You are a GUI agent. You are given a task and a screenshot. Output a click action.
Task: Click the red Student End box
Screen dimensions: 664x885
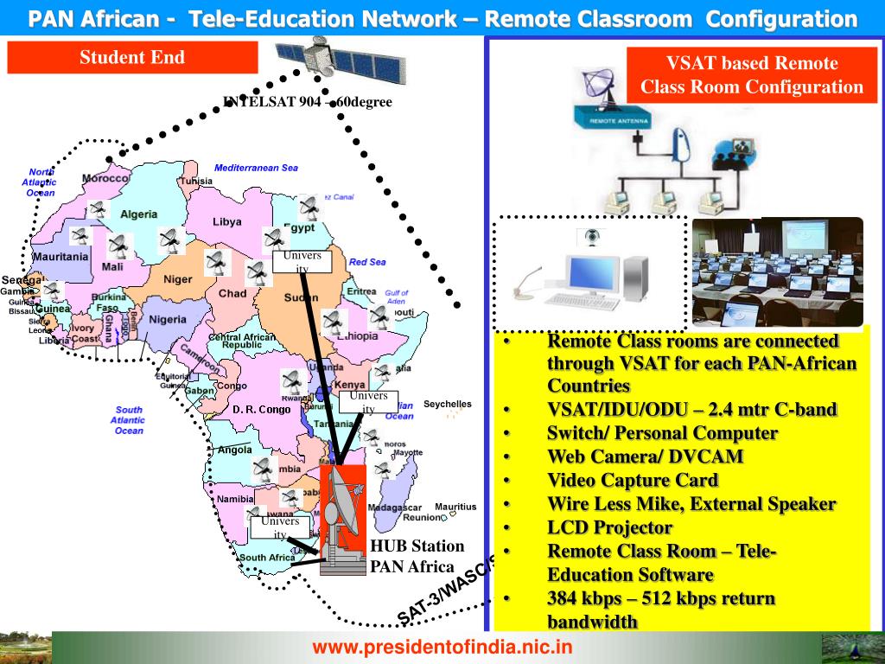[x=132, y=58]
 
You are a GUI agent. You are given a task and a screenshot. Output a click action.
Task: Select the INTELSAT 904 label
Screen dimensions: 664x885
[x=308, y=102]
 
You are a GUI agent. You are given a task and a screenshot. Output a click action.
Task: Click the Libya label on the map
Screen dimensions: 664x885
[x=226, y=221]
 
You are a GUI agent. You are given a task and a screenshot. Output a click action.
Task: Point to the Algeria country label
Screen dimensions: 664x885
[x=138, y=214]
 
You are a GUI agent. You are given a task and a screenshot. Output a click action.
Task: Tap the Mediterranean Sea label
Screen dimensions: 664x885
[x=256, y=168]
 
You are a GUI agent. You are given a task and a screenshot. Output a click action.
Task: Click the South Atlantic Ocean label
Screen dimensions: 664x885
[x=129, y=419]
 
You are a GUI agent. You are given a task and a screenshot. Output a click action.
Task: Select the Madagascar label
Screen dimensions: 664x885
[x=393, y=507]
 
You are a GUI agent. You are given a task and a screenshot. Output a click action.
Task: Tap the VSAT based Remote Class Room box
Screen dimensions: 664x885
[x=751, y=74]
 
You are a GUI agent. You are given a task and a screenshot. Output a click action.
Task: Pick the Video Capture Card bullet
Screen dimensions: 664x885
[x=632, y=480]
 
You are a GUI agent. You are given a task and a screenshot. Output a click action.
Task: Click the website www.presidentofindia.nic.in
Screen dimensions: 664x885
[x=442, y=647]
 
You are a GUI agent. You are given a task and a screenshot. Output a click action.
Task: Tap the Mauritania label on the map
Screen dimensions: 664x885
[x=60, y=257]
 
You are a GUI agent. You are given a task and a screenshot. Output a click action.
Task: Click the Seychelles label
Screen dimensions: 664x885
[x=448, y=404]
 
